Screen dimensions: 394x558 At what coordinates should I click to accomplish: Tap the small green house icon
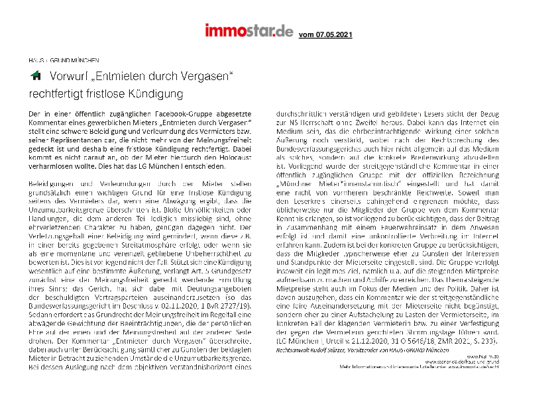(x=36, y=76)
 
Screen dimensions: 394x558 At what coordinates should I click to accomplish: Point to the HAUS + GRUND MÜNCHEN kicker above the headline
(x=63, y=59)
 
